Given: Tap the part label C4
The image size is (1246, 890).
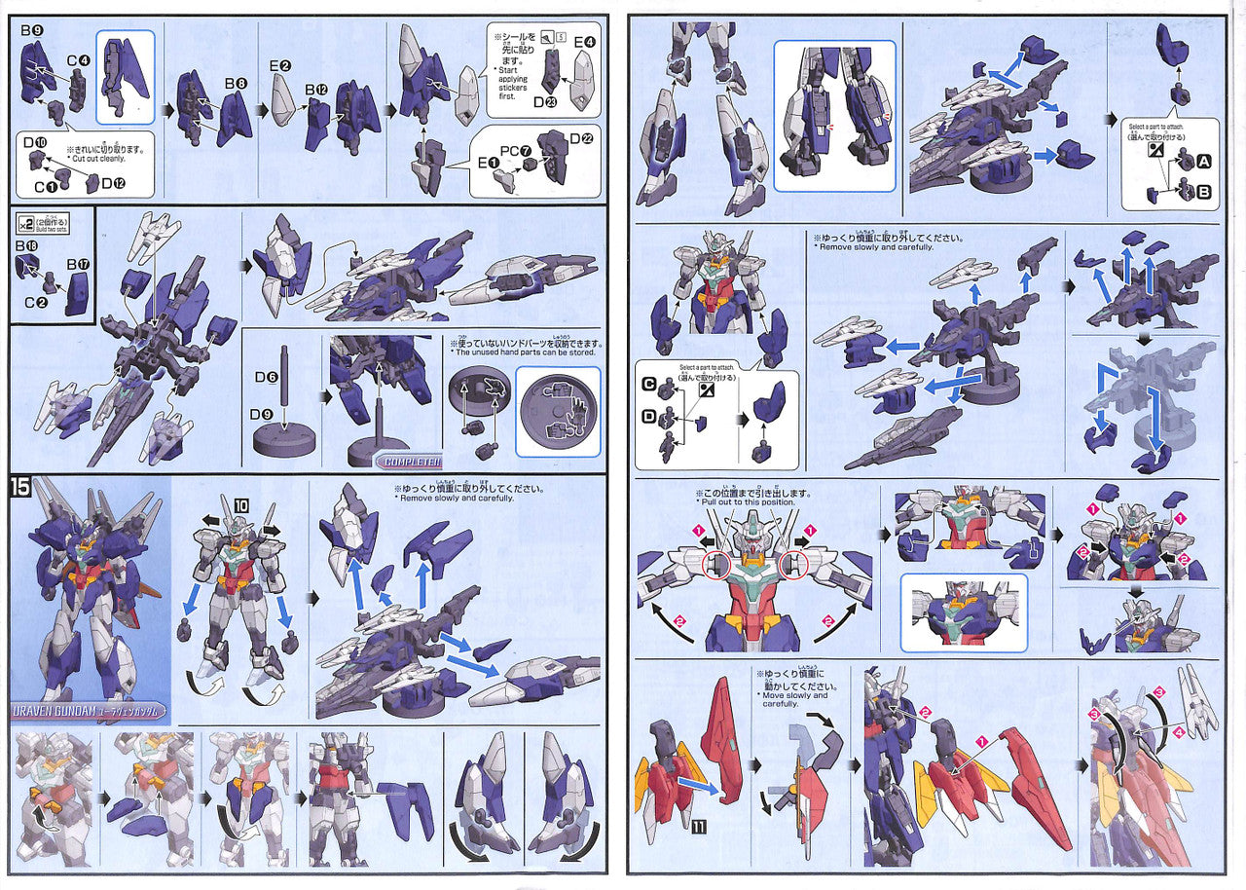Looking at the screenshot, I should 78,60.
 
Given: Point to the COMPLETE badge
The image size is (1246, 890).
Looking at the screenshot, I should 409,462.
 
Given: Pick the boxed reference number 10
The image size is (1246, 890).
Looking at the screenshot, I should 240,504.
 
